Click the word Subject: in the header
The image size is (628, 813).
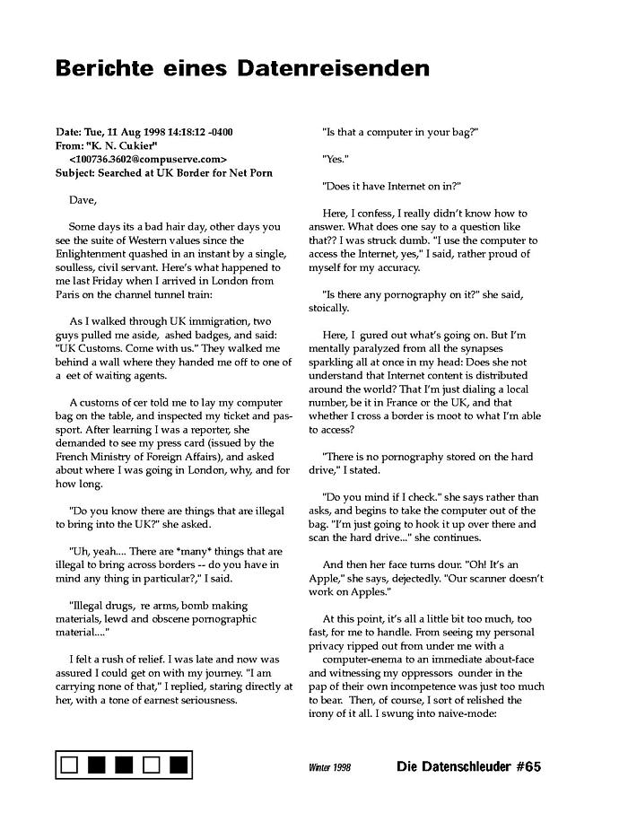click(77, 172)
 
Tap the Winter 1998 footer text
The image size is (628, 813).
click(329, 768)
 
